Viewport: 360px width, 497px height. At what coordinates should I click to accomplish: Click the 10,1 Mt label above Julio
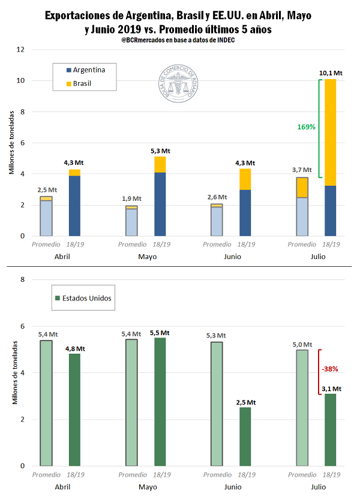coord(330,73)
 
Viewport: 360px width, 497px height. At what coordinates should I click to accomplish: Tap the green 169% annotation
coord(306,126)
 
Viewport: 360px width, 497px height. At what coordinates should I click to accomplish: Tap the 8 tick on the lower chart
coord(22,279)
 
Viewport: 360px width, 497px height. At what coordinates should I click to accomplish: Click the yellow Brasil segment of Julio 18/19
coord(330,132)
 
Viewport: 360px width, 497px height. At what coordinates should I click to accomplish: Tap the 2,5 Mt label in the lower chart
coord(245,402)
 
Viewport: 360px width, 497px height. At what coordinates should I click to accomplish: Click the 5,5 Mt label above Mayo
coord(160,332)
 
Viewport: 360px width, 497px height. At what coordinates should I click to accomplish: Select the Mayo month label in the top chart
coord(146,256)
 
